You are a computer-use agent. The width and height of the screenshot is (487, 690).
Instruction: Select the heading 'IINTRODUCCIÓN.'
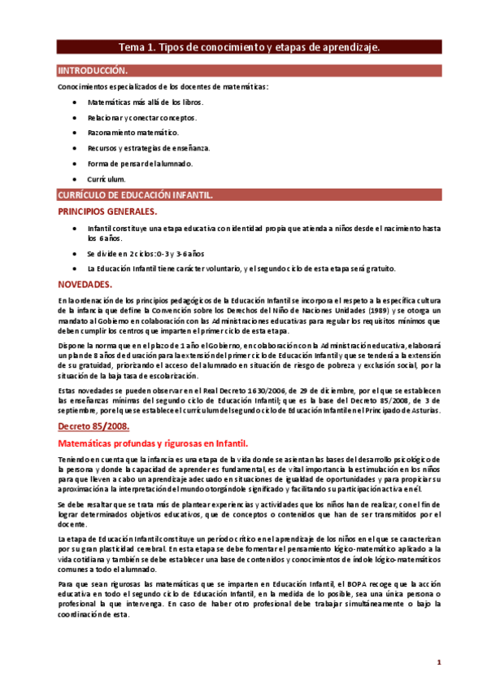pyautogui.click(x=93, y=72)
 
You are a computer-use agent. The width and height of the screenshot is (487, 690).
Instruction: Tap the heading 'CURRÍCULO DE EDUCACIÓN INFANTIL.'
pyautogui.click(x=135, y=195)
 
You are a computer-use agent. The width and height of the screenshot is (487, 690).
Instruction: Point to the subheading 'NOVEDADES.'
pyautogui.click(x=85, y=284)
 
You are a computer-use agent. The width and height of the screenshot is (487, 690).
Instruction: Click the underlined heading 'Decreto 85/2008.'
pyautogui.click(x=94, y=426)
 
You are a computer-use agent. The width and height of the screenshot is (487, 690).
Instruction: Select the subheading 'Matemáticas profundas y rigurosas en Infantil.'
pyautogui.click(x=153, y=443)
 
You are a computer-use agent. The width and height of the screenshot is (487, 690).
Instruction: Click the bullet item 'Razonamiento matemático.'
pyautogui.click(x=133, y=133)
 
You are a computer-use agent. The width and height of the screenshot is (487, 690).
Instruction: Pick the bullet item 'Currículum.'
pyautogui.click(x=107, y=178)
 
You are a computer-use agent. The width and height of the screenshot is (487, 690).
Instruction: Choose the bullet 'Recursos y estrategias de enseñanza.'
pyautogui.click(x=148, y=148)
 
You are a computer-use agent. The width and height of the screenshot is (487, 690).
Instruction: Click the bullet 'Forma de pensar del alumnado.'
pyautogui.click(x=140, y=164)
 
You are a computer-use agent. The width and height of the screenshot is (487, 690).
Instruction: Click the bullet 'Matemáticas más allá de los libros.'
pyautogui.click(x=146, y=103)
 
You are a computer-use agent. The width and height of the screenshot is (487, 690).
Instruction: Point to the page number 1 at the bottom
pyautogui.click(x=439, y=662)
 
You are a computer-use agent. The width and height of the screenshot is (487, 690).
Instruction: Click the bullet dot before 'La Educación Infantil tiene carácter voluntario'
pyautogui.click(x=75, y=269)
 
